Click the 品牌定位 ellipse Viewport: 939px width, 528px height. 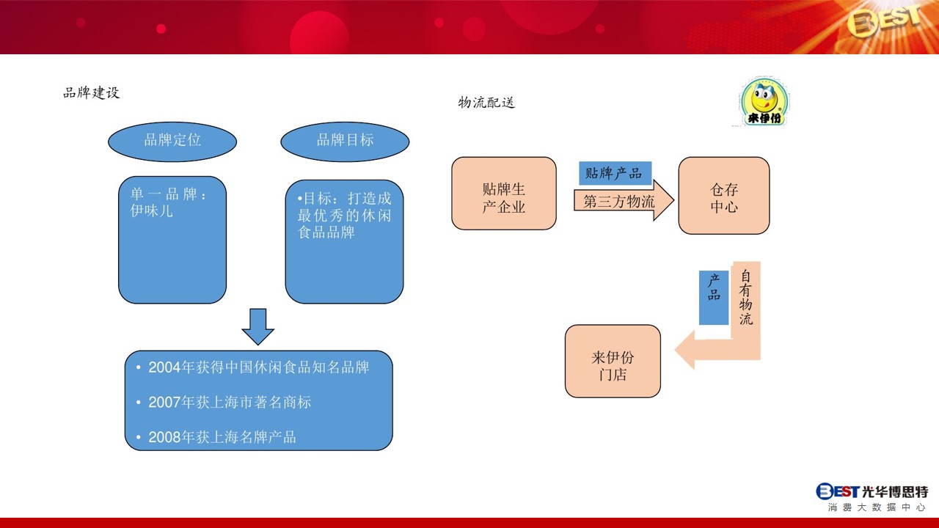(172, 142)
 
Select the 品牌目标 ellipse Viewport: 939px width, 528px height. (345, 142)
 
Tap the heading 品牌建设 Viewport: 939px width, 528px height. (92, 92)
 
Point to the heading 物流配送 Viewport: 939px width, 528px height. (486, 102)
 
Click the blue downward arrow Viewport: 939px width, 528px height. (257, 327)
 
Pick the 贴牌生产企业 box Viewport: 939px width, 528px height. (504, 194)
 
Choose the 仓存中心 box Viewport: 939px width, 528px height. (724, 196)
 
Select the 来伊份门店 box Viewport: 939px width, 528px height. (613, 362)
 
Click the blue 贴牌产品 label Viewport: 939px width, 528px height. (615, 173)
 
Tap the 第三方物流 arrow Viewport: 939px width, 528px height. (624, 201)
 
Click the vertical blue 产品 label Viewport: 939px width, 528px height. (714, 298)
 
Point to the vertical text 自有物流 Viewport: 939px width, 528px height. (746, 297)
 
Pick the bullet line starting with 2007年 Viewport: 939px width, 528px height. (224, 403)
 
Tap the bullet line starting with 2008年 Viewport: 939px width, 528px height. (216, 438)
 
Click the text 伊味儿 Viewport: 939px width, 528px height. (151, 210)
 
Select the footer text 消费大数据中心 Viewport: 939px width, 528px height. (877, 507)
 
